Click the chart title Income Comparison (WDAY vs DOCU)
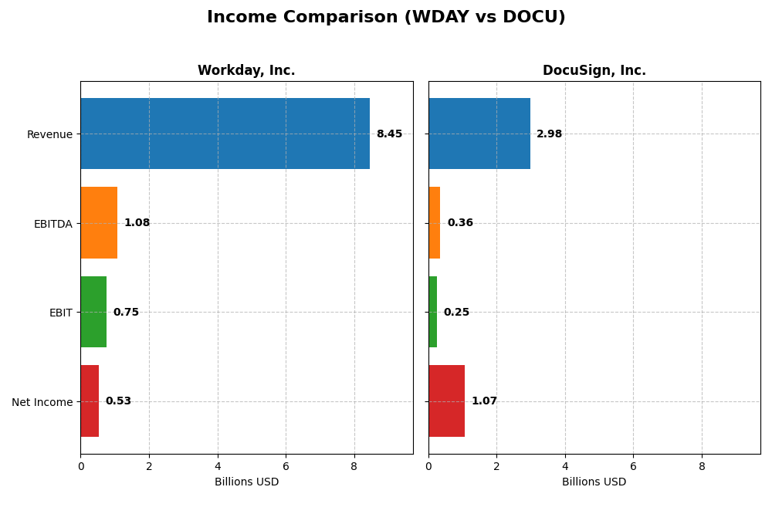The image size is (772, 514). (x=386, y=17)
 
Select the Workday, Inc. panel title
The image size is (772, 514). (x=246, y=70)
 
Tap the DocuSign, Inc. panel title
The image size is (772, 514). (x=594, y=70)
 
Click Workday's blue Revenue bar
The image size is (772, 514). (x=225, y=134)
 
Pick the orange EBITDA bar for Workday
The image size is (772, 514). (x=99, y=223)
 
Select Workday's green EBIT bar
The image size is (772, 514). (x=93, y=312)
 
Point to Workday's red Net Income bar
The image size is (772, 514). (x=90, y=401)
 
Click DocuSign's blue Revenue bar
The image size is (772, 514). (x=479, y=134)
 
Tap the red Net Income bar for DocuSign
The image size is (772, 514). (x=446, y=401)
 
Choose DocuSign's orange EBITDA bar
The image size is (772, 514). (x=435, y=223)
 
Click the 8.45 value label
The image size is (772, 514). (x=389, y=134)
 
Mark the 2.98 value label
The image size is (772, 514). (x=549, y=134)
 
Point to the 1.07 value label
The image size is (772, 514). (x=484, y=401)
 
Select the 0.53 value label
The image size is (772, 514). (x=118, y=401)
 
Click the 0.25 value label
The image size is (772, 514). (x=456, y=312)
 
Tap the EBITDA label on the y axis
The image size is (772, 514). (x=52, y=224)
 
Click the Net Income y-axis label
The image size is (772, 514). (x=42, y=402)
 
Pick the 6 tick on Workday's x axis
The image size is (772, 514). (x=286, y=466)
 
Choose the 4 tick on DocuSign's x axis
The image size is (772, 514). (x=565, y=466)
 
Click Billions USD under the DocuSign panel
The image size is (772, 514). (x=594, y=482)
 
